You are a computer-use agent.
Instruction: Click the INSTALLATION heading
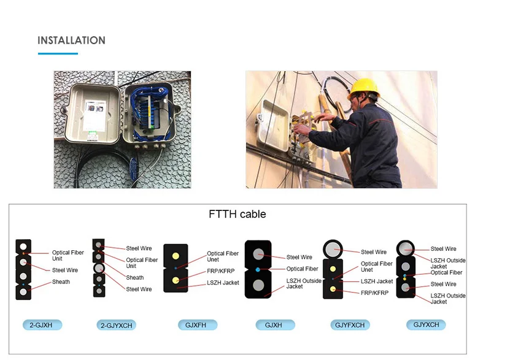coord(71,40)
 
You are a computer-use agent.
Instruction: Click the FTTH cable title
coord(238,214)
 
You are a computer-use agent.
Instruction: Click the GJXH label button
coord(274,325)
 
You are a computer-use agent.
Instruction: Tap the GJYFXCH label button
coord(350,325)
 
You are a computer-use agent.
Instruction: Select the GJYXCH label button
coord(426,324)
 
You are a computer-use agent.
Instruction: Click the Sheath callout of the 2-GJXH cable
coord(61,282)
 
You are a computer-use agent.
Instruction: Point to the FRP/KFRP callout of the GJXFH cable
coord(220,270)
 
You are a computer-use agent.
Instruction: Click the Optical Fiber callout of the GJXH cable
coord(302,269)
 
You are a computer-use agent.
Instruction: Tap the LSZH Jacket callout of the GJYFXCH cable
coord(376,281)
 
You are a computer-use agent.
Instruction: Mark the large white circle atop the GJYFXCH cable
coord(333,248)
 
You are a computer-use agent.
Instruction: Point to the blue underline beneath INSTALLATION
coord(58,53)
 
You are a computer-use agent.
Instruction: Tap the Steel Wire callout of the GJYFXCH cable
coord(374,252)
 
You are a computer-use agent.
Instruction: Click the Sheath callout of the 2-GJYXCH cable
coord(135,278)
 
